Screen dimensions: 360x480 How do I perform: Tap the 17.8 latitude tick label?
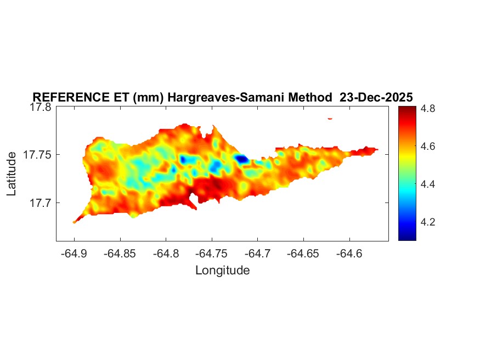coord(41,108)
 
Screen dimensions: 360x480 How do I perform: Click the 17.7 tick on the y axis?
coord(41,203)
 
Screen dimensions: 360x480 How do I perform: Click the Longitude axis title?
coord(222,270)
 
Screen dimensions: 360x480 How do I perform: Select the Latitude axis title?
coord(12,175)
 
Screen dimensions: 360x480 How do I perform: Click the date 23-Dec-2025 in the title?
coord(376,97)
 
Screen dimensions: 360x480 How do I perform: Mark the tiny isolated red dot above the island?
coord(330,118)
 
